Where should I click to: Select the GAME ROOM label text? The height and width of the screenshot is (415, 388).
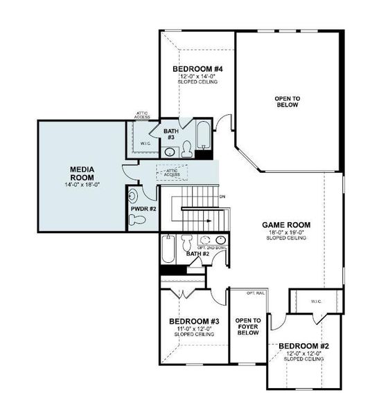(285, 225)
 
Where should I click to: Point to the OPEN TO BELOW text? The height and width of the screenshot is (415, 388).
(286, 102)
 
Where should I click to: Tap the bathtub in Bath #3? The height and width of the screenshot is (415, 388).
(202, 136)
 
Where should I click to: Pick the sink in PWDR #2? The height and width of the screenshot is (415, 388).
(133, 195)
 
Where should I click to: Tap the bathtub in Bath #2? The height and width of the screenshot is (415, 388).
(168, 249)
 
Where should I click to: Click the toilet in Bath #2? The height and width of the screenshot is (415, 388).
(186, 243)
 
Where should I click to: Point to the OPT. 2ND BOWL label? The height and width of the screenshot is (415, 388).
(212, 248)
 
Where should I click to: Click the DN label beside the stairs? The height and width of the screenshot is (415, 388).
(222, 197)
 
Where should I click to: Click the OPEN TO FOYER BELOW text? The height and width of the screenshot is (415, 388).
(247, 326)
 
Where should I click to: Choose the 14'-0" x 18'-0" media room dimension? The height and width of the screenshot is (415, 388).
(82, 185)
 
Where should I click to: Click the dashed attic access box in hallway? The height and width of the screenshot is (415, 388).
(172, 172)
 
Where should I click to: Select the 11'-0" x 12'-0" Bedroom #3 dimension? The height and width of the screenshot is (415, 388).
(195, 329)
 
